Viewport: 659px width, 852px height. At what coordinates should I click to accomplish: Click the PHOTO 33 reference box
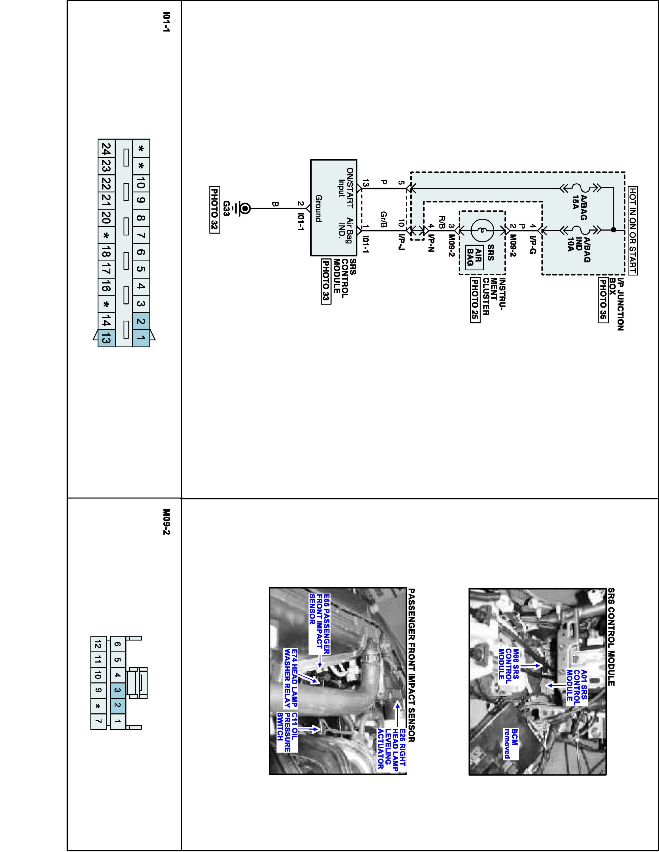[326, 281]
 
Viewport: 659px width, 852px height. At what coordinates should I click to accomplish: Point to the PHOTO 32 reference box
[214, 210]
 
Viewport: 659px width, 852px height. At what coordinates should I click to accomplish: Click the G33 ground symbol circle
[245, 209]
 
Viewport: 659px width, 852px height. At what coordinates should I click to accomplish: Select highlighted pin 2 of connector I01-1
[141, 321]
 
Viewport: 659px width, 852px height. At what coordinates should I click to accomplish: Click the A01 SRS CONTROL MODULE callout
[577, 685]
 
